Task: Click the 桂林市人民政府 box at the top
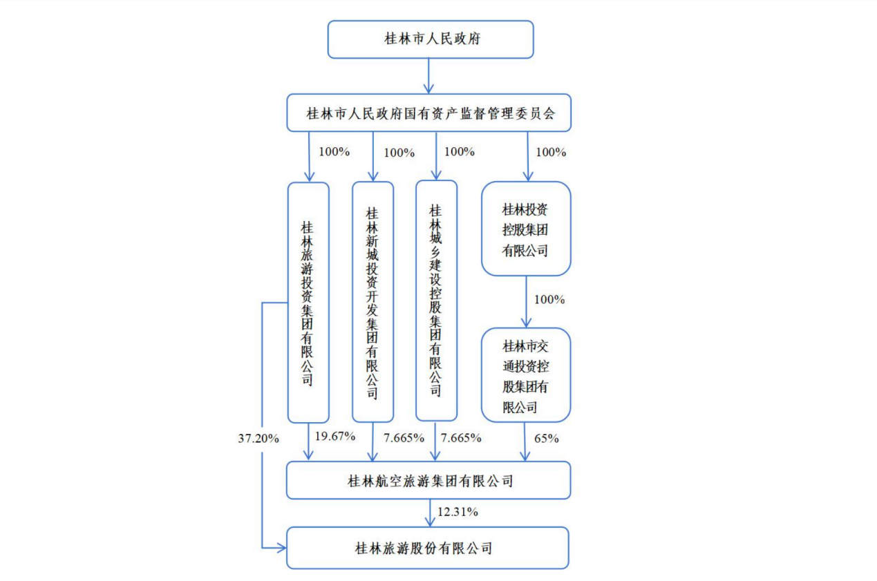click(430, 39)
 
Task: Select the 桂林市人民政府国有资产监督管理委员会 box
click(429, 113)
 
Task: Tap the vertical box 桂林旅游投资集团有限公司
click(308, 303)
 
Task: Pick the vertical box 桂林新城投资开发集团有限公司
click(373, 303)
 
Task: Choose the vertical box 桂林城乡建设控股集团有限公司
click(436, 301)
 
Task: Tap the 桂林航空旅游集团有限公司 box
click(428, 480)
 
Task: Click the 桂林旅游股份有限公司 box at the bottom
click(428, 549)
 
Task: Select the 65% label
click(545, 438)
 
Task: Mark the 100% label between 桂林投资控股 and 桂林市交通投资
click(550, 300)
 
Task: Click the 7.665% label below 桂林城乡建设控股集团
click(461, 438)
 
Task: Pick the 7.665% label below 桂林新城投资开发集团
click(399, 438)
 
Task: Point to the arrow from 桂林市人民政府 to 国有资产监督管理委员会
click(429, 76)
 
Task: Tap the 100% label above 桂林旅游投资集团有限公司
click(334, 152)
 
